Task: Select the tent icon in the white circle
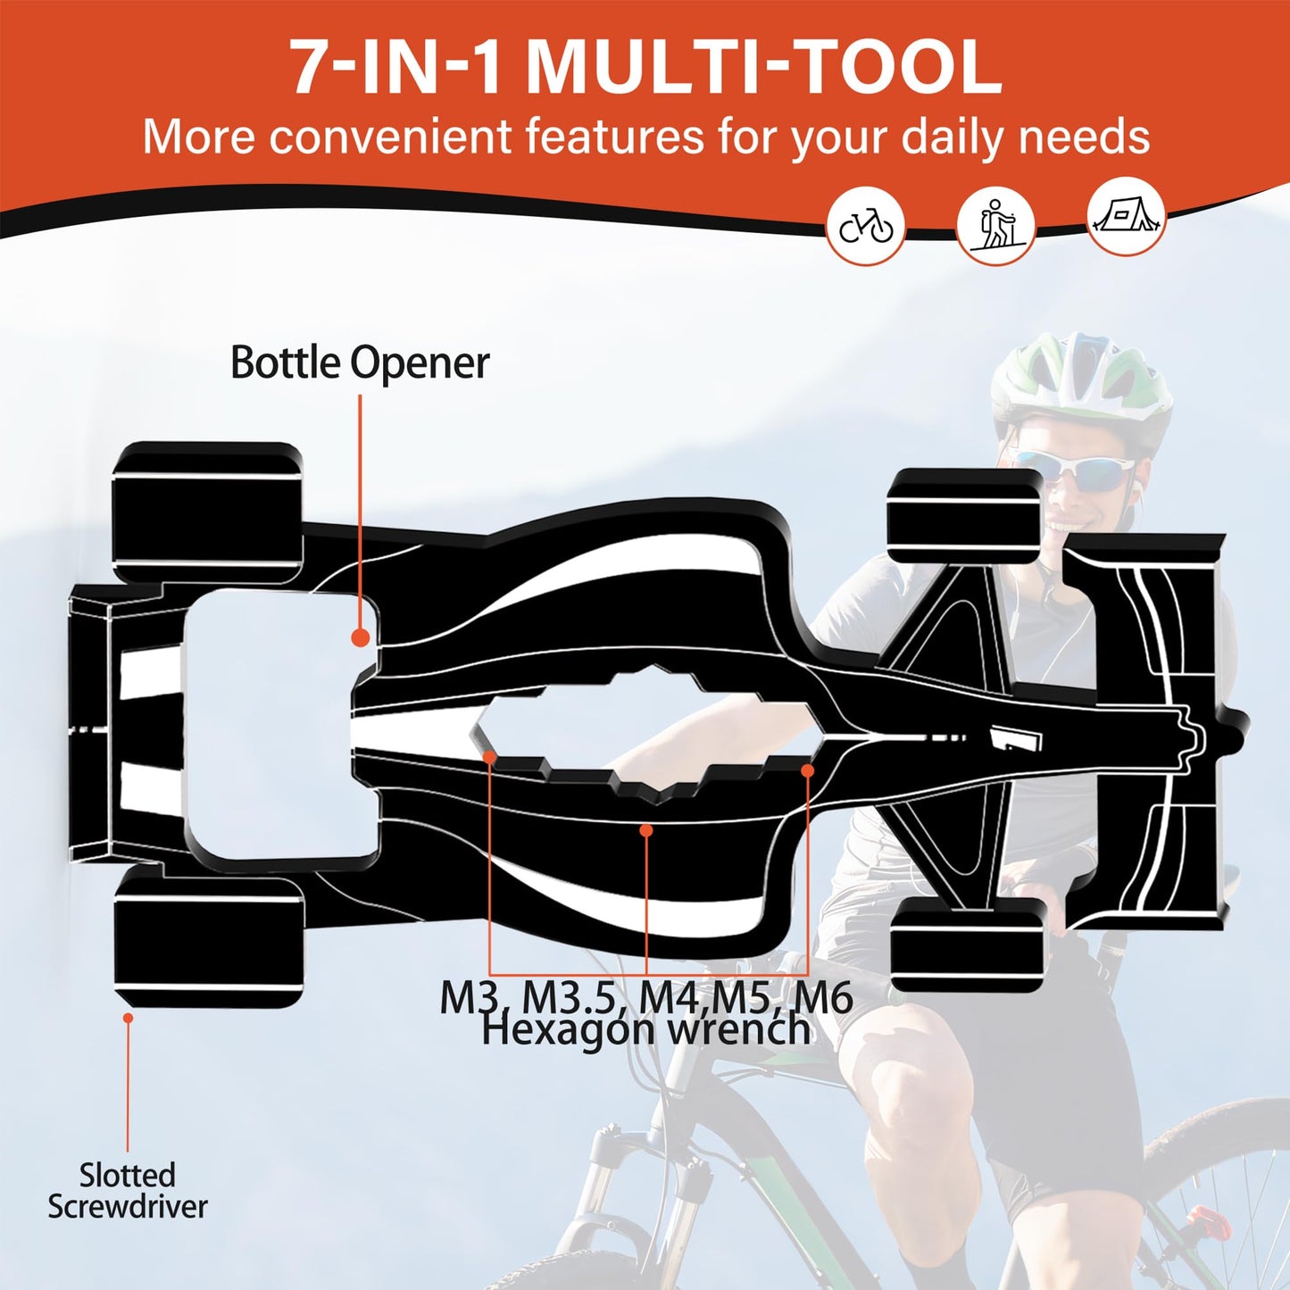pos(1126,217)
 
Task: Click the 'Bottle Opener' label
pos(360,363)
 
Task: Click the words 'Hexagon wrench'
pos(645,1030)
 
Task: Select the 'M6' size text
pos(823,996)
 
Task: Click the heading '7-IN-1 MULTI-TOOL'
pos(645,68)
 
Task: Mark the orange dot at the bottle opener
pos(360,637)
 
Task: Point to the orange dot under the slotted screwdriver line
pos(128,1017)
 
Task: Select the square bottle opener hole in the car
pos(277,725)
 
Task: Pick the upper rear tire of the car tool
pos(207,509)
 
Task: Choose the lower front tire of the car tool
pos(967,945)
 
